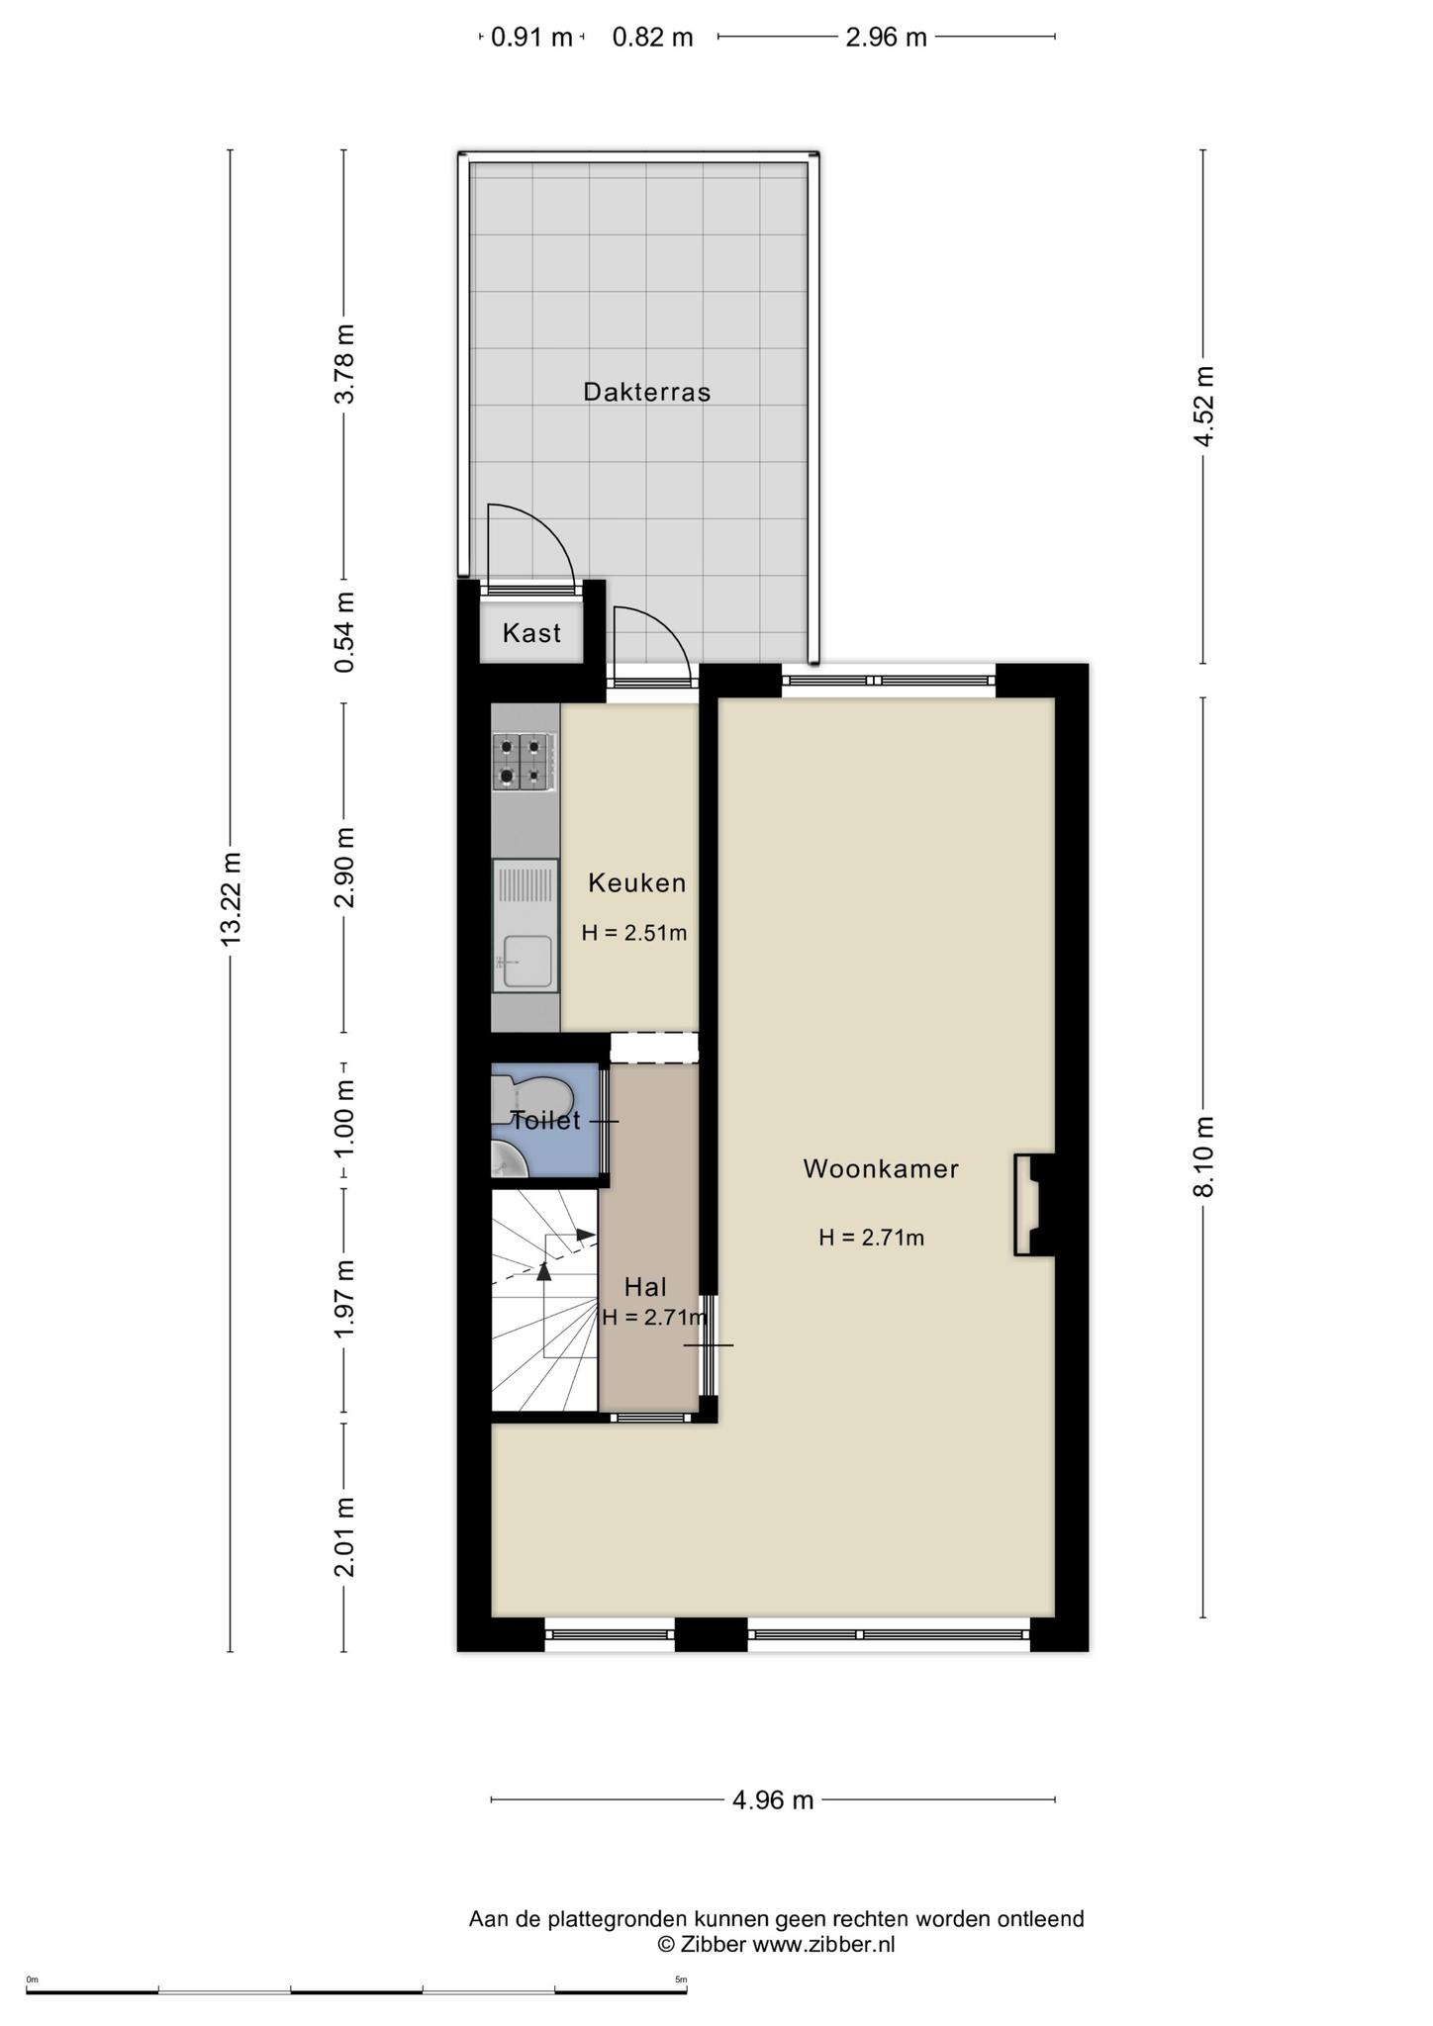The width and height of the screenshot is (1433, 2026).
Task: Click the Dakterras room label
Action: point(647,392)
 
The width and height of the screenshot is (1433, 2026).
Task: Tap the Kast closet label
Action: point(531,633)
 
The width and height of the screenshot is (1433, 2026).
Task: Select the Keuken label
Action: point(637,882)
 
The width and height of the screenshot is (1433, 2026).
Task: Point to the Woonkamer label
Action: point(881,1168)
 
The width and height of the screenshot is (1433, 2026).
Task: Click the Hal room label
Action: point(645,1287)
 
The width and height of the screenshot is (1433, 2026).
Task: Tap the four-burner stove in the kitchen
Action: point(523,762)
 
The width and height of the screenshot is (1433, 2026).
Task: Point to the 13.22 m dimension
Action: point(231,899)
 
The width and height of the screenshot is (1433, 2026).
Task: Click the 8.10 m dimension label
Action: point(1203,1156)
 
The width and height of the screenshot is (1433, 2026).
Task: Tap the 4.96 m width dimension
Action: point(773,1800)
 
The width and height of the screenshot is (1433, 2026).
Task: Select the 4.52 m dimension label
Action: point(1203,407)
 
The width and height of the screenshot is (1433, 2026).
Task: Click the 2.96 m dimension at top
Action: point(886,38)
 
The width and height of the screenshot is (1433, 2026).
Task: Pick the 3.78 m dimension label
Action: point(344,364)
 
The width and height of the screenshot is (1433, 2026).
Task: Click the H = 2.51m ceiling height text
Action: point(634,933)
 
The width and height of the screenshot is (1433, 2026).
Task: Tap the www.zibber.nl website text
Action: point(823,1944)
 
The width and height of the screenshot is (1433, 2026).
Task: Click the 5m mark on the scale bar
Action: point(681,1980)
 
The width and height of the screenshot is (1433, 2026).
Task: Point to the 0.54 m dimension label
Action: point(344,632)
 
